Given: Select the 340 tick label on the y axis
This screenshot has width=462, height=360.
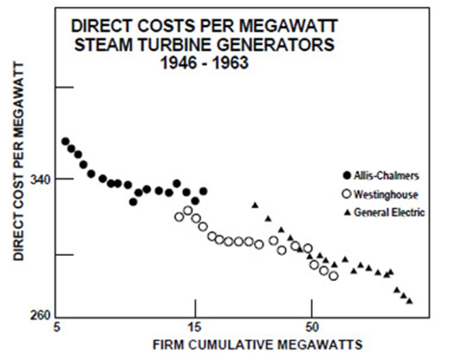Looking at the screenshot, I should tap(42, 179).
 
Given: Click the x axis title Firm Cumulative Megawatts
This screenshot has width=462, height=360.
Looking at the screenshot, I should tap(257, 345).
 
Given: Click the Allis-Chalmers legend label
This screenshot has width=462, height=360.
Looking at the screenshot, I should tap(386, 176).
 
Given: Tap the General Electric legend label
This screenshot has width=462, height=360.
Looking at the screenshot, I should tap(389, 212).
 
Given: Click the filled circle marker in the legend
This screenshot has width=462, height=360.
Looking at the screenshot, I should tap(345, 176).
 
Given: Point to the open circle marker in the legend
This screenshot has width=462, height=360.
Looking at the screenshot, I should tap(345, 194).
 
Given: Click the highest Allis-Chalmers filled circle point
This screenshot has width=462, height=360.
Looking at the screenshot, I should tap(65, 141).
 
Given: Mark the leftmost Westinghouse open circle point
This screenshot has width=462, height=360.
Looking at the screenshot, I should tap(179, 217).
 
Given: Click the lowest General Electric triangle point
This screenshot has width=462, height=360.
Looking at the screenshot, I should tap(410, 300).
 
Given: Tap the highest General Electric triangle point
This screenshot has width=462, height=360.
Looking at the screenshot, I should tap(255, 205).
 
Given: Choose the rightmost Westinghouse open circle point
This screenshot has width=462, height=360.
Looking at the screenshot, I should tap(334, 276).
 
